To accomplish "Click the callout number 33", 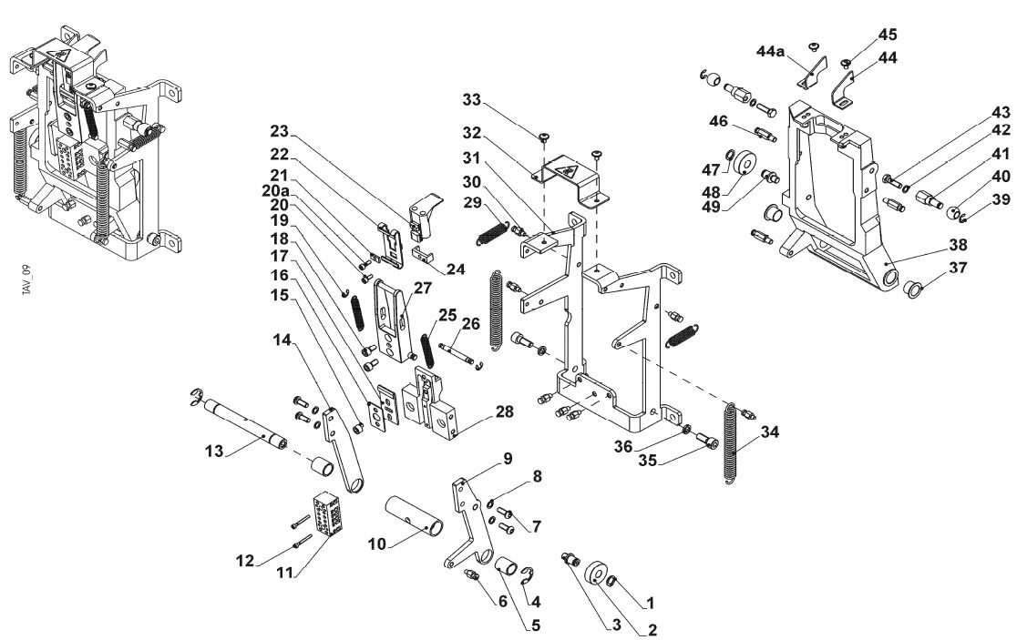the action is (472, 100).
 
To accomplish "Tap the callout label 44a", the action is (770, 51).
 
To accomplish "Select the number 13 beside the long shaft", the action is (214, 451).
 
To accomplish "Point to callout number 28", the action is (504, 411).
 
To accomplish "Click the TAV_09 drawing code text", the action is (26, 280).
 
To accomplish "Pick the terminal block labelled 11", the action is (326, 514).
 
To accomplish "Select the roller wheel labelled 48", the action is (745, 164).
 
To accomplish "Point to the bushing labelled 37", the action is (912, 288).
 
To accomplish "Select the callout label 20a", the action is (275, 190).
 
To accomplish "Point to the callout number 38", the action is (959, 245).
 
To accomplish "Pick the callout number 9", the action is (508, 458).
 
